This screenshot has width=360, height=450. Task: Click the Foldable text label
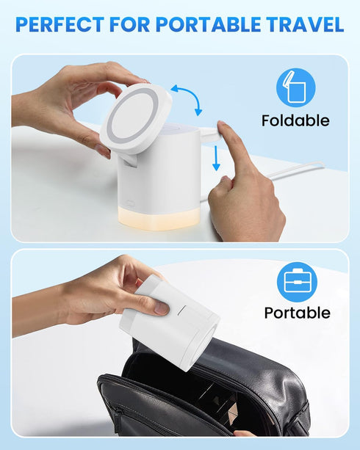pos(295,120)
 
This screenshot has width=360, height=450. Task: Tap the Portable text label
pos(297,313)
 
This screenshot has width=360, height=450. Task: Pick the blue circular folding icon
pos(295,87)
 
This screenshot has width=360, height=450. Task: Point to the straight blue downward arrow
pos(216,158)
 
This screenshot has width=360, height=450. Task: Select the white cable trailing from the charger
pos(294,170)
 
